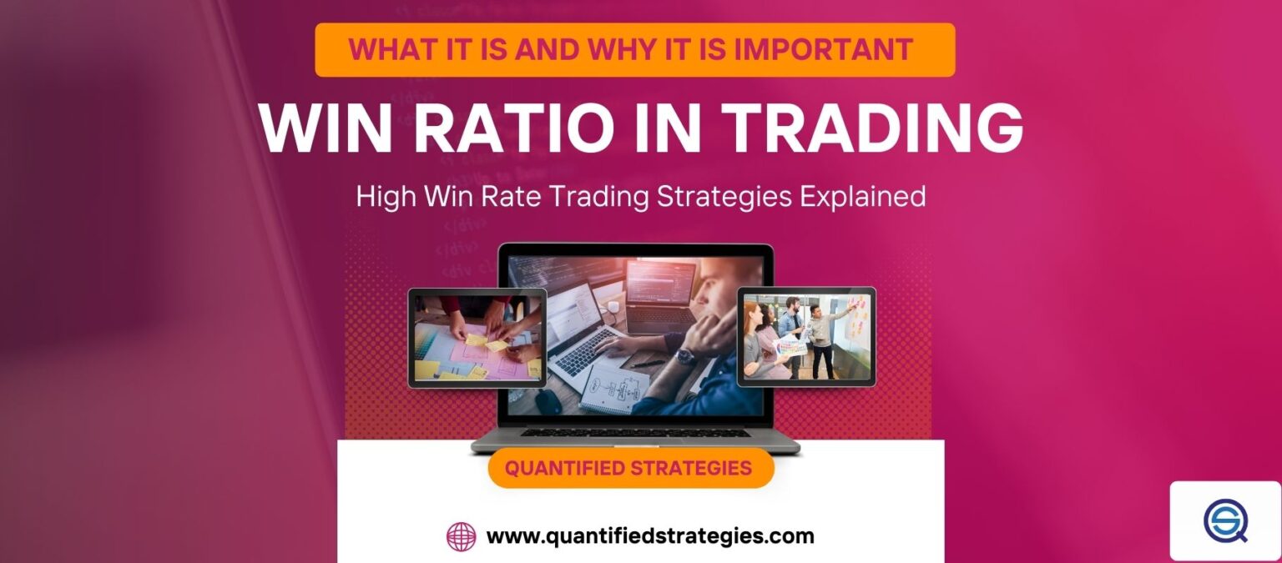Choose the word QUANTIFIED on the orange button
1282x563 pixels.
(x=564, y=468)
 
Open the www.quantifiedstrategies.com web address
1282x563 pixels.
(x=650, y=535)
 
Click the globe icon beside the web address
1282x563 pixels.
(x=461, y=536)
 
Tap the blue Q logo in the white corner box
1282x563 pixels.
(x=1224, y=520)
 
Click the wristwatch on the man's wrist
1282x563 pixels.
(x=685, y=356)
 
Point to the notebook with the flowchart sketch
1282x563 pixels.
(x=613, y=388)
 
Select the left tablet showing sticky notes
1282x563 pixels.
(x=477, y=337)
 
